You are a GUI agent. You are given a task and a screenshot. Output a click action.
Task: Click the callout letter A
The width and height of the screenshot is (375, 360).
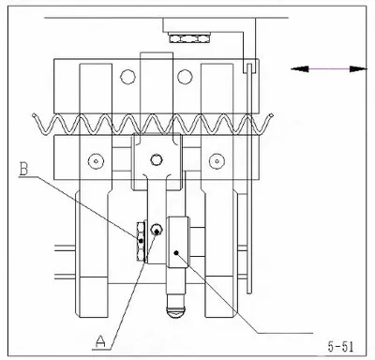(100, 341)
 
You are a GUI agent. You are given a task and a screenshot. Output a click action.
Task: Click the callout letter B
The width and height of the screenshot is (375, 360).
(23, 169)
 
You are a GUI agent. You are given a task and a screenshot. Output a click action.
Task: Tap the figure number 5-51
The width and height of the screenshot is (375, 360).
(340, 347)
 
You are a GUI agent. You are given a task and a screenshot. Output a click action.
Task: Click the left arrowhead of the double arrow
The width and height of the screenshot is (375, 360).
(300, 69)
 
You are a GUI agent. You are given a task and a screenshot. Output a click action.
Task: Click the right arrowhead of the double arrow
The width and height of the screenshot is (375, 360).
(357, 69)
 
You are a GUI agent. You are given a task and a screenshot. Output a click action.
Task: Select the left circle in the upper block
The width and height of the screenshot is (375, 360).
(127, 77)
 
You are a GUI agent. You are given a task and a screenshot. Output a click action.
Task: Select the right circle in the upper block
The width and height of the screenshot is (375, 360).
(185, 77)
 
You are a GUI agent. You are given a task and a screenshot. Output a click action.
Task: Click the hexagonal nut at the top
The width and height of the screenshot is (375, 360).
(188, 38)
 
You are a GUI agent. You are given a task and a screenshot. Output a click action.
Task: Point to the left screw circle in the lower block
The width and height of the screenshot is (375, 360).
(96, 161)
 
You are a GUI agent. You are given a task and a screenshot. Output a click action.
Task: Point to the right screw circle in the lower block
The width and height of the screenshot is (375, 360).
(217, 161)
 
